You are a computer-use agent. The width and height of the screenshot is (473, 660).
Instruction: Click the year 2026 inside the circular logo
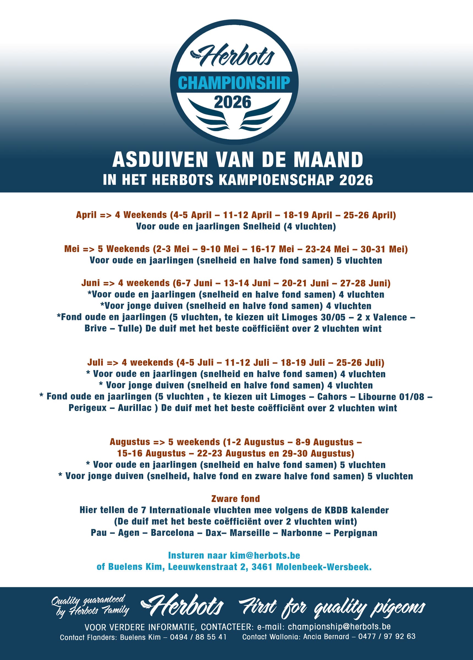click(232, 102)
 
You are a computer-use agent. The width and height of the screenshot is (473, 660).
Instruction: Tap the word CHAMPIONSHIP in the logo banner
click(234, 83)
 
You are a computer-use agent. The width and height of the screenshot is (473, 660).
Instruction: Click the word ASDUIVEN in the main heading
click(160, 160)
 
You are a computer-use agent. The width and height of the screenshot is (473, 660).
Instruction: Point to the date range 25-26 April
click(369, 215)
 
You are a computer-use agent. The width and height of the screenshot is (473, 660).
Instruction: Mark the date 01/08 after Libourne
click(413, 397)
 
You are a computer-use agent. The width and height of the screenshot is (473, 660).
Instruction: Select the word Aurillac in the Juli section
click(135, 408)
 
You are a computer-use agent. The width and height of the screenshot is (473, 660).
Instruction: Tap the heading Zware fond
click(235, 499)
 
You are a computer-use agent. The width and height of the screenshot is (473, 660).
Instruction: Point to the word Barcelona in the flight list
click(172, 533)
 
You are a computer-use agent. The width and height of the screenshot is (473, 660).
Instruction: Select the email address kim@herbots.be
click(265, 555)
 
